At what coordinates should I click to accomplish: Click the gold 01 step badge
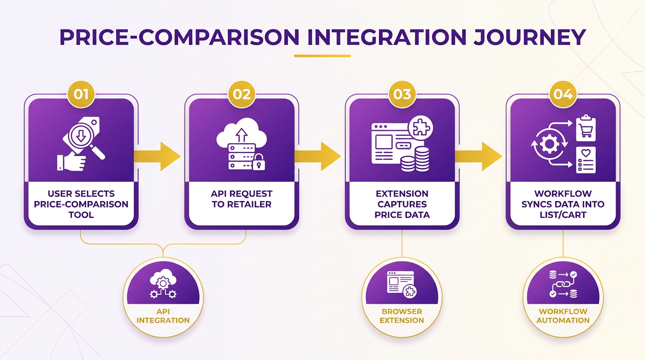tap(81, 95)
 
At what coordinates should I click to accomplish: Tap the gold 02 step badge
tap(241, 95)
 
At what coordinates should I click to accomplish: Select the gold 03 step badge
tap(402, 95)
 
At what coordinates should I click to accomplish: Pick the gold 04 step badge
tap(563, 95)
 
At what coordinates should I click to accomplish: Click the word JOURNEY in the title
tap(530, 37)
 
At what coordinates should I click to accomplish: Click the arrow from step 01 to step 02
tap(157, 157)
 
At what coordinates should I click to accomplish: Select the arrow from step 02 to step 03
tap(318, 157)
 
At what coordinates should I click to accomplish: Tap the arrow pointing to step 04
tap(478, 157)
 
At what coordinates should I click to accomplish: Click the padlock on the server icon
tap(259, 162)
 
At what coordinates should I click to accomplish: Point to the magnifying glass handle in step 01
tap(97, 152)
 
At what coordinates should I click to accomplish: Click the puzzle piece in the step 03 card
tap(420, 127)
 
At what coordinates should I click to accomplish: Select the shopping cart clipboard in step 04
tap(585, 128)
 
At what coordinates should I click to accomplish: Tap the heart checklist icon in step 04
tap(585, 160)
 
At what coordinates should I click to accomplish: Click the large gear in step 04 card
tap(549, 143)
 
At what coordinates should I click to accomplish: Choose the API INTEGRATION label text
tap(163, 316)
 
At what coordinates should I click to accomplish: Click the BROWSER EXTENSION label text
tap(402, 316)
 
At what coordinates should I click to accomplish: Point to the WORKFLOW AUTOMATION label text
tap(563, 316)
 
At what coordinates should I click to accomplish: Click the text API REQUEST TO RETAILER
tap(241, 199)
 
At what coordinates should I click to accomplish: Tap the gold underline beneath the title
tap(322, 56)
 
